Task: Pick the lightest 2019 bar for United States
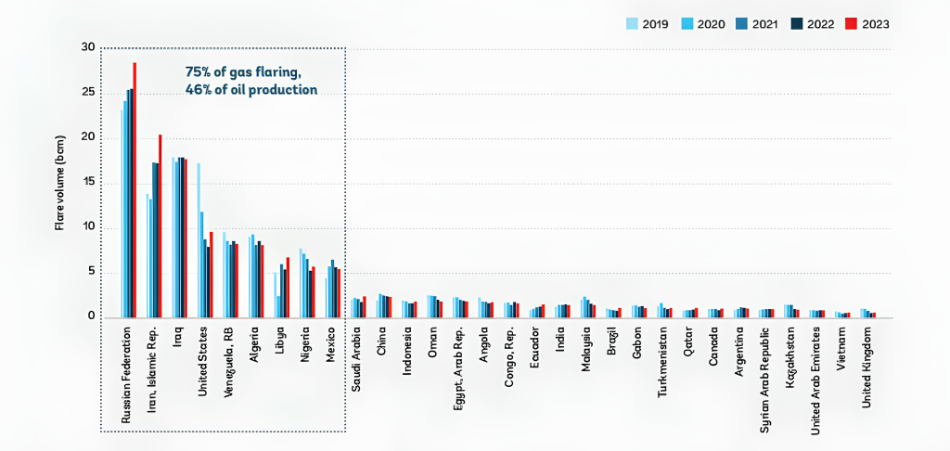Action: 199,240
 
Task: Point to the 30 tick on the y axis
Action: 88,47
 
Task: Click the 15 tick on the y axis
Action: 88,182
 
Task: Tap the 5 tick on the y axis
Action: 90,272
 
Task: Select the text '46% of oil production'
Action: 250,90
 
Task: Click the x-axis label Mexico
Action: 329,345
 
